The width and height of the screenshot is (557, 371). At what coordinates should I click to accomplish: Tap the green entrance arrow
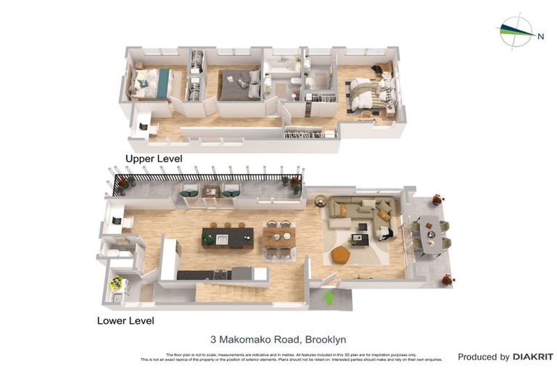coord(329,297)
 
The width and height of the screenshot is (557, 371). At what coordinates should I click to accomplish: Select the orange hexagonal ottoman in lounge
coord(341,255)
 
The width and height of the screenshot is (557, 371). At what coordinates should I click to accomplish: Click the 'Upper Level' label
coord(153,158)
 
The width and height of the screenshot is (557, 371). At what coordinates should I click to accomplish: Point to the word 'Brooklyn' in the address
coord(326,338)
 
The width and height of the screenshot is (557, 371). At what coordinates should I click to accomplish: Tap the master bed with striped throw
coord(370,96)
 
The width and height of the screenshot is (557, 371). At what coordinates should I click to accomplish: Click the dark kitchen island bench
coord(227,238)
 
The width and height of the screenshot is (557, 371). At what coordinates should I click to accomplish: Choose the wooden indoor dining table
coord(279,238)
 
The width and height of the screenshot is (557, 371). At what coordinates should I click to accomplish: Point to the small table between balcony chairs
coord(211,191)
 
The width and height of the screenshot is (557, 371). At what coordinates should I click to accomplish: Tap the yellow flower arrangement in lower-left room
coord(116,283)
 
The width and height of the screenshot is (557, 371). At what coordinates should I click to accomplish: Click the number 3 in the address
coord(213,338)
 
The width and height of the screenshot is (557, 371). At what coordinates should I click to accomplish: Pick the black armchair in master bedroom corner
coord(379,69)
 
